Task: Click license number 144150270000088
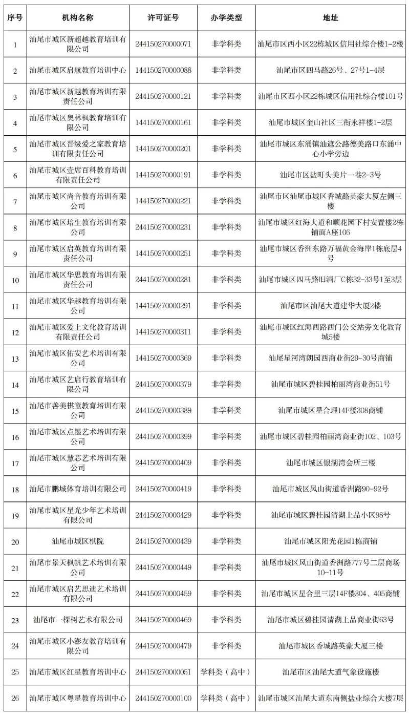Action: point(163,70)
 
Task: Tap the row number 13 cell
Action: point(14,358)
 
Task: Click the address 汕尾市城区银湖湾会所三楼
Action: point(330,462)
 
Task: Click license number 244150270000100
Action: point(163,698)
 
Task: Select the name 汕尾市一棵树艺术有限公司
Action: point(78,620)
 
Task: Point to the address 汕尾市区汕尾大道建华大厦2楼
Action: point(330,306)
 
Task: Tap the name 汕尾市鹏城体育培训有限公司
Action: point(78,489)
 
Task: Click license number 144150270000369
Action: point(163,358)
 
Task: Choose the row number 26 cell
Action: point(14,698)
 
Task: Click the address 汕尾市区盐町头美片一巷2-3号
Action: point(330,175)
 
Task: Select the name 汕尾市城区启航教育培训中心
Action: point(78,70)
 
